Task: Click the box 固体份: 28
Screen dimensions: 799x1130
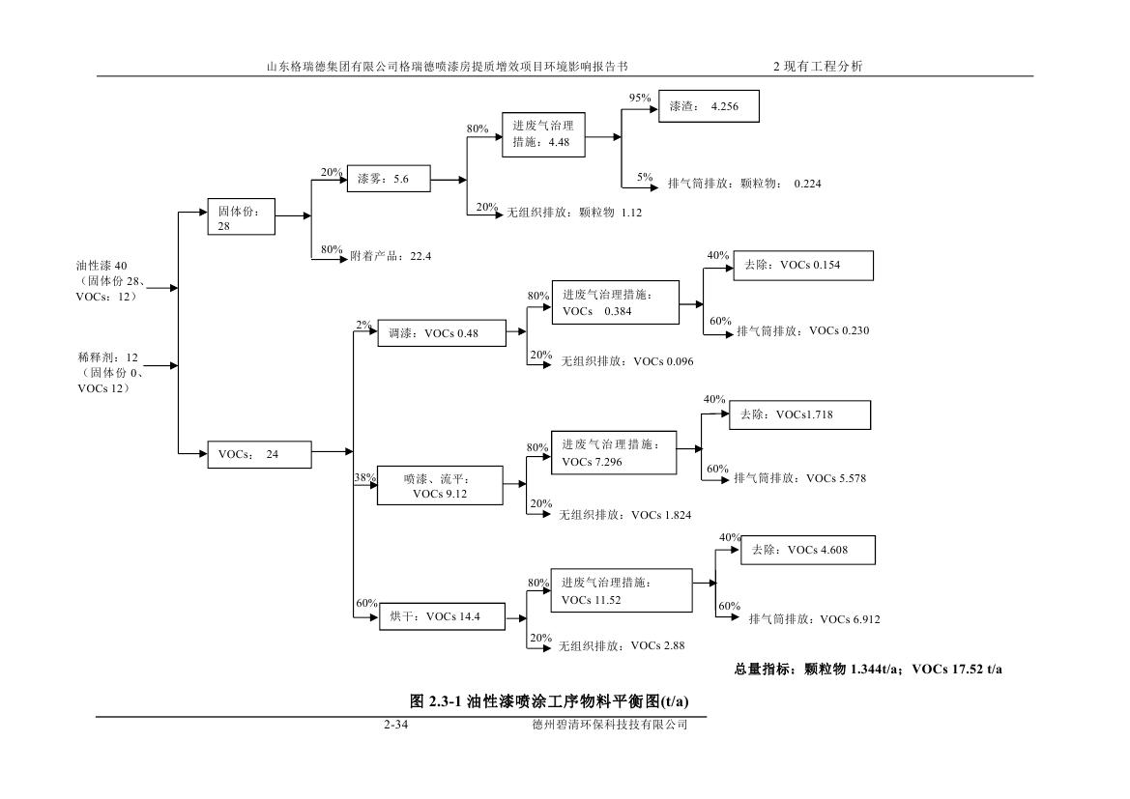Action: pyautogui.click(x=242, y=217)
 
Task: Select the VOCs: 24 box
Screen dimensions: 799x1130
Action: pyautogui.click(x=259, y=454)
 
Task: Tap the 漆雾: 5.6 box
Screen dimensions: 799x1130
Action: pyautogui.click(x=388, y=179)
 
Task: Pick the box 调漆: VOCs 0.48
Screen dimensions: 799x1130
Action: pyautogui.click(x=441, y=334)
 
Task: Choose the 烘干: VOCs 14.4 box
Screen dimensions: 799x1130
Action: pyautogui.click(x=441, y=616)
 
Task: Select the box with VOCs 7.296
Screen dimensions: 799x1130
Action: pyautogui.click(x=614, y=452)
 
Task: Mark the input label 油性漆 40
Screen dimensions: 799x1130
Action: pyautogui.click(x=101, y=265)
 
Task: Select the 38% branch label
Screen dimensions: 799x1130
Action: pyautogui.click(x=365, y=477)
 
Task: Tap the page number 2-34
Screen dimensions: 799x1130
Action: pyautogui.click(x=394, y=726)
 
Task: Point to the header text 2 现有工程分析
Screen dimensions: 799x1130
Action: pyautogui.click(x=817, y=67)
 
